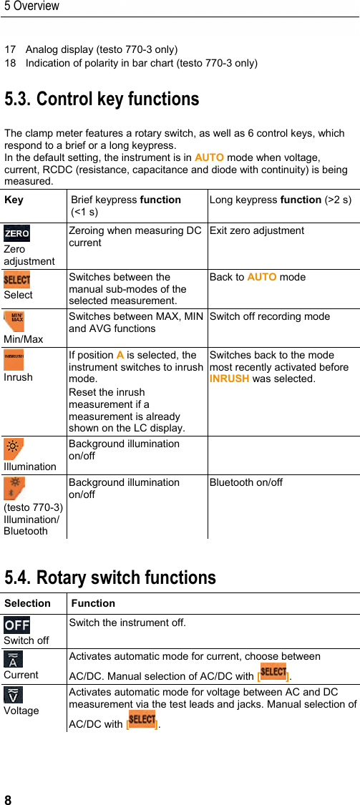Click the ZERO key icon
[16, 233]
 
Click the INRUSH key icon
[14, 356]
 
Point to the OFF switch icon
[16, 625]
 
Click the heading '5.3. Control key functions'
[102, 99]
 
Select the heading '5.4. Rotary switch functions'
[110, 577]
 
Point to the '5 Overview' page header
[31, 6]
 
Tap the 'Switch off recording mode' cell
[269, 316]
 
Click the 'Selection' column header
[27, 603]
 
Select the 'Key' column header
[14, 200]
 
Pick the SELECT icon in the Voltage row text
[142, 718]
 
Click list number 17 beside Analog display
[10, 50]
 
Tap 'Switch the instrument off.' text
[127, 623]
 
